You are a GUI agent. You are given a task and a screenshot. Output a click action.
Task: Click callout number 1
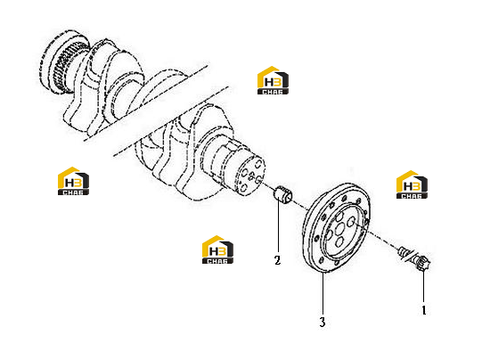pyautogui.click(x=424, y=310)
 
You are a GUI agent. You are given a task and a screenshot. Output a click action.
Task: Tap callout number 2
pyautogui.click(x=277, y=260)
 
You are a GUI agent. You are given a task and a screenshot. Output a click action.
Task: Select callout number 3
pyautogui.click(x=323, y=323)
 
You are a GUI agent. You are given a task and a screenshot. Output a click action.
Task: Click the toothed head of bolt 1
pyautogui.click(x=424, y=264)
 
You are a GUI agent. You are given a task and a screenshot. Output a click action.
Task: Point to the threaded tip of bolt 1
pyautogui.click(x=403, y=251)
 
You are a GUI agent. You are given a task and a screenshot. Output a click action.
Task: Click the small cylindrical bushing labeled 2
pyautogui.click(x=283, y=194)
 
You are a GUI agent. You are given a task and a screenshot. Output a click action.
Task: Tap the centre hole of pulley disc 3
pyautogui.click(x=340, y=229)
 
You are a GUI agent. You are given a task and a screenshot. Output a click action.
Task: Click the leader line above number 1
pyautogui.click(x=423, y=287)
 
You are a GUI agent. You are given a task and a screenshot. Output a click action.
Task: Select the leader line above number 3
pyautogui.click(x=323, y=293)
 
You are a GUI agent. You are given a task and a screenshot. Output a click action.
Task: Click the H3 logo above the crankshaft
pyautogui.click(x=273, y=80)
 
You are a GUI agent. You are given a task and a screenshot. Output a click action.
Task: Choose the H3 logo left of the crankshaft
pyautogui.click(x=73, y=181)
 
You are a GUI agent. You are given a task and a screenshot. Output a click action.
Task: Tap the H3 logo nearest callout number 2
pyautogui.click(x=217, y=250)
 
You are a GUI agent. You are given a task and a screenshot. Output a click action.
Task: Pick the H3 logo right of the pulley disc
pyautogui.click(x=412, y=184)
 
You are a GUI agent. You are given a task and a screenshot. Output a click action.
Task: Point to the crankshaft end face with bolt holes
pyautogui.click(x=249, y=176)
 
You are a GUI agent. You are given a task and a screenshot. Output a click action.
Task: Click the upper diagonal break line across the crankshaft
pyautogui.click(x=146, y=103)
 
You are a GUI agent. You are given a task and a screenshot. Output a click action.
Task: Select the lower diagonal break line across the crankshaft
pyautogui.click(x=171, y=121)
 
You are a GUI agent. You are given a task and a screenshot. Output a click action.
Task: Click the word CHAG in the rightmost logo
pyautogui.click(x=412, y=196)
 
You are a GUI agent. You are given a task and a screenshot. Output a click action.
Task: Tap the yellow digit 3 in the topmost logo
pyautogui.click(x=278, y=82)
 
